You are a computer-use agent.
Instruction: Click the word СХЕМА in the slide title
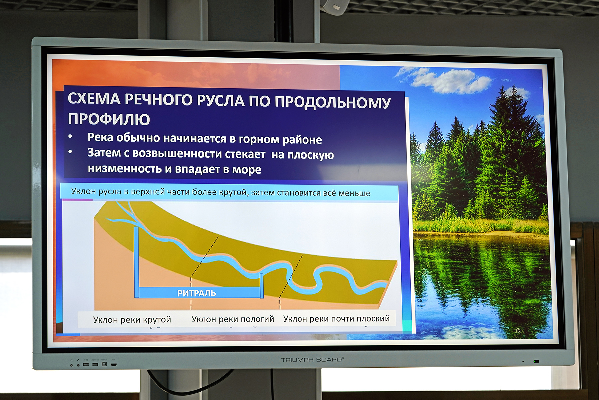(x=94, y=99)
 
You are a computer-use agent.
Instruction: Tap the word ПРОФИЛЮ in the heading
(x=109, y=119)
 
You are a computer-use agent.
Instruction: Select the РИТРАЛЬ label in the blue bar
(x=197, y=293)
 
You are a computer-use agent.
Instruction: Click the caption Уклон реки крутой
(x=132, y=320)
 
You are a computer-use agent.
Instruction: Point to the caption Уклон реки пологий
(x=233, y=319)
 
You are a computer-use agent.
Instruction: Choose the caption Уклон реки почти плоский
(x=336, y=319)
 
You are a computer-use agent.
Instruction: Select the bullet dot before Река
(x=70, y=136)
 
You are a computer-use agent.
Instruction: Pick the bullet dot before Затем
(x=70, y=152)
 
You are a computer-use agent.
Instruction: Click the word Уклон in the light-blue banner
(x=83, y=191)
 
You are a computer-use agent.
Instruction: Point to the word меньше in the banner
(x=354, y=193)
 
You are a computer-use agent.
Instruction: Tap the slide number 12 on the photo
(x=518, y=331)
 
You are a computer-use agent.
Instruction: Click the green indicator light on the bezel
(x=536, y=361)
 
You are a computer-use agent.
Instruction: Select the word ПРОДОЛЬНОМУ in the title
(x=333, y=102)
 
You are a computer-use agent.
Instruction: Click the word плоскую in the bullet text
(x=310, y=155)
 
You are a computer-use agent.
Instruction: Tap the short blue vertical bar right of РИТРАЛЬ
(x=262, y=286)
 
